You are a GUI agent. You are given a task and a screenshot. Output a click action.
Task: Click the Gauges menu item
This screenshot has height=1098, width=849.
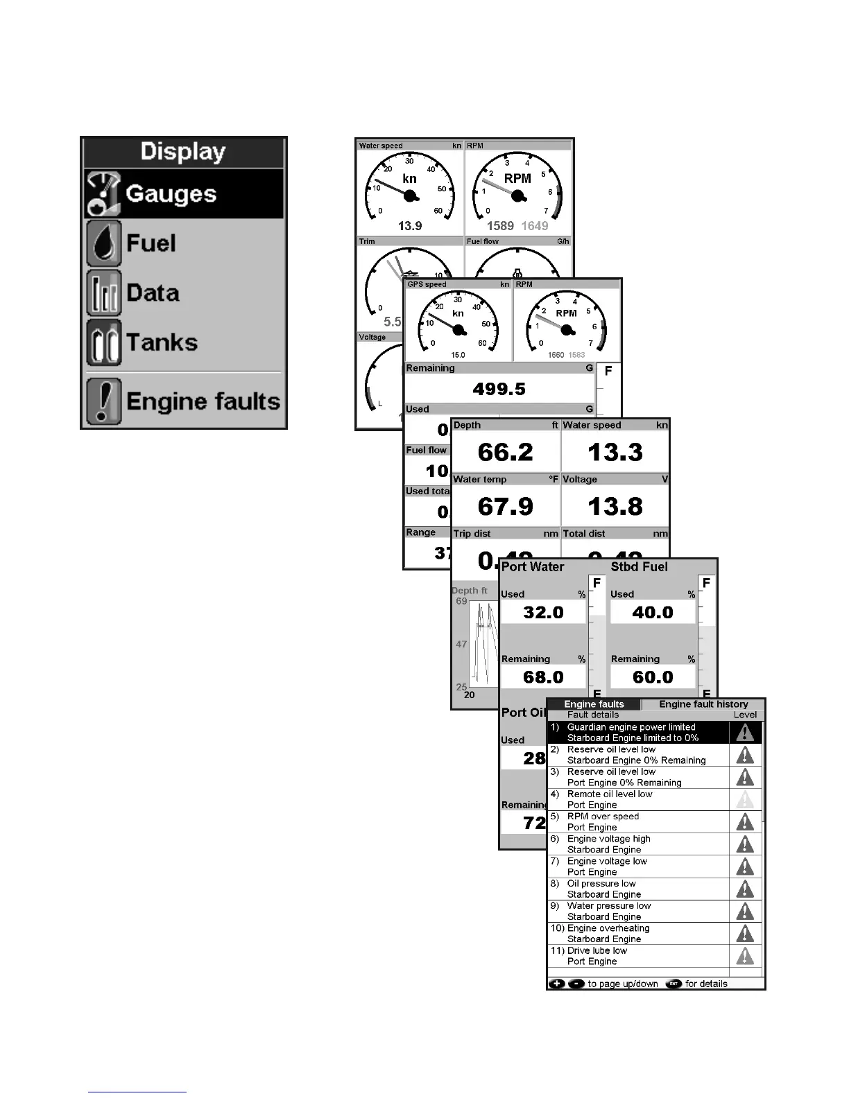[x=171, y=194]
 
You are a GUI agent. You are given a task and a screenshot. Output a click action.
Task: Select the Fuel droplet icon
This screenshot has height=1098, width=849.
[x=104, y=244]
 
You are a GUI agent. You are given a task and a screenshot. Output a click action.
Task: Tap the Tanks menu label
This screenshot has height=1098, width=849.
[x=162, y=342]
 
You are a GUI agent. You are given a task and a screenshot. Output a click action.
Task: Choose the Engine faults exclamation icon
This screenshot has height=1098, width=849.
[x=104, y=401]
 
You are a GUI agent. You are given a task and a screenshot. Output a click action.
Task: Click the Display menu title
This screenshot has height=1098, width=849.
[x=183, y=152]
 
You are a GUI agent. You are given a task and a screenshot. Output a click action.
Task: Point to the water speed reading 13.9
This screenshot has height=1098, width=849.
[x=410, y=226]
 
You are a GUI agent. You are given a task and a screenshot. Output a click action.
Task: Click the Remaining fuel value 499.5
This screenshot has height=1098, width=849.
[x=499, y=389]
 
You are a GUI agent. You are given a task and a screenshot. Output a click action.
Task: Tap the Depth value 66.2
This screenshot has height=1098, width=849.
[x=505, y=452]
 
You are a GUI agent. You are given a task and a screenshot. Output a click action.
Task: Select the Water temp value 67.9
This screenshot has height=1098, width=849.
[x=505, y=506]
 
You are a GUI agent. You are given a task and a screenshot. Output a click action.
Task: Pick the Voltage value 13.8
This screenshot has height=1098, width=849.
[x=615, y=506]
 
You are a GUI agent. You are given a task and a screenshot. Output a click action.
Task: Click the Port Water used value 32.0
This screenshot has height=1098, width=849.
[x=543, y=612]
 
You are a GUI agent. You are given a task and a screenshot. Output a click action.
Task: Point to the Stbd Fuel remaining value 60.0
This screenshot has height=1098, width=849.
[x=653, y=677]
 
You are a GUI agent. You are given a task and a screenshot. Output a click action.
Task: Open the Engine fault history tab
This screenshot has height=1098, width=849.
[x=703, y=704]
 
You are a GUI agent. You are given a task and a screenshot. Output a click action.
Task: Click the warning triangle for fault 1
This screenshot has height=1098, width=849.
[x=745, y=733]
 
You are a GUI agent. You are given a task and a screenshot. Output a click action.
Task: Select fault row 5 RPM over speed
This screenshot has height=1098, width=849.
[x=603, y=821]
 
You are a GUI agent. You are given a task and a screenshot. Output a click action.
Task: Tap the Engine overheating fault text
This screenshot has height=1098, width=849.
[x=608, y=928]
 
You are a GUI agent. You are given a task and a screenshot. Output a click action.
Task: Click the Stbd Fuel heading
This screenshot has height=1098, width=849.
[x=639, y=567]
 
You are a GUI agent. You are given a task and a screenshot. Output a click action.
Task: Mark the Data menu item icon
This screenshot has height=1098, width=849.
[x=104, y=293]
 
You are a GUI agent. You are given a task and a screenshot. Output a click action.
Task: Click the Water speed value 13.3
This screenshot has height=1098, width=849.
[x=615, y=452]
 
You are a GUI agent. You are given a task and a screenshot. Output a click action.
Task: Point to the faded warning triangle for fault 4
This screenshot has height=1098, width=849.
[x=745, y=799]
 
